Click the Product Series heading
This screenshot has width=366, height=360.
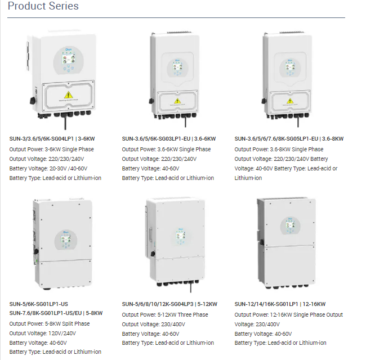[x=43, y=7]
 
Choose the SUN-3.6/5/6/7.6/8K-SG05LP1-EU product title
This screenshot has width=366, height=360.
[x=289, y=138]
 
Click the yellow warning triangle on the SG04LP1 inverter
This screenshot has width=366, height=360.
[x=69, y=95]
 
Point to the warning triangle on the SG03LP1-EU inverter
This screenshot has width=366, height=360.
[x=177, y=101]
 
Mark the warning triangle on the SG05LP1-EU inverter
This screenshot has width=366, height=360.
[x=289, y=101]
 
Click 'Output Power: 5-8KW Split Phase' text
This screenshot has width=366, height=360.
[x=50, y=323]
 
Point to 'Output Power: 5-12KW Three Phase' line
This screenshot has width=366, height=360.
[x=165, y=315]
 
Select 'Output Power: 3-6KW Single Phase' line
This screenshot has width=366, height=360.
[x=52, y=149]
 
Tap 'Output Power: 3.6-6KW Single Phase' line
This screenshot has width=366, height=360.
[x=166, y=149]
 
